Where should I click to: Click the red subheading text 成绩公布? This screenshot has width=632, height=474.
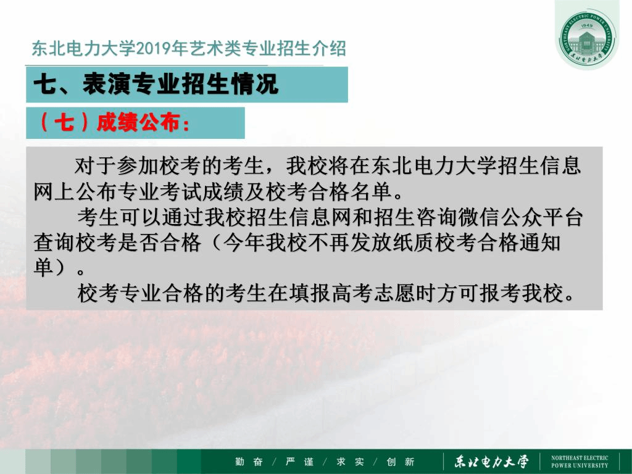[138, 122]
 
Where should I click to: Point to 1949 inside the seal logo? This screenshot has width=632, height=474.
[587, 25]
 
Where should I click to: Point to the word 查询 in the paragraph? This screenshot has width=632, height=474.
[54, 243]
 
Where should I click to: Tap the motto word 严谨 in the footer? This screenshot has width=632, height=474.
[299, 462]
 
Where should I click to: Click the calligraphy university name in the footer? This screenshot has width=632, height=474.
[491, 462]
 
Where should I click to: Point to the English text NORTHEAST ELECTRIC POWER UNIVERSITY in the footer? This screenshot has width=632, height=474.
[580, 462]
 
